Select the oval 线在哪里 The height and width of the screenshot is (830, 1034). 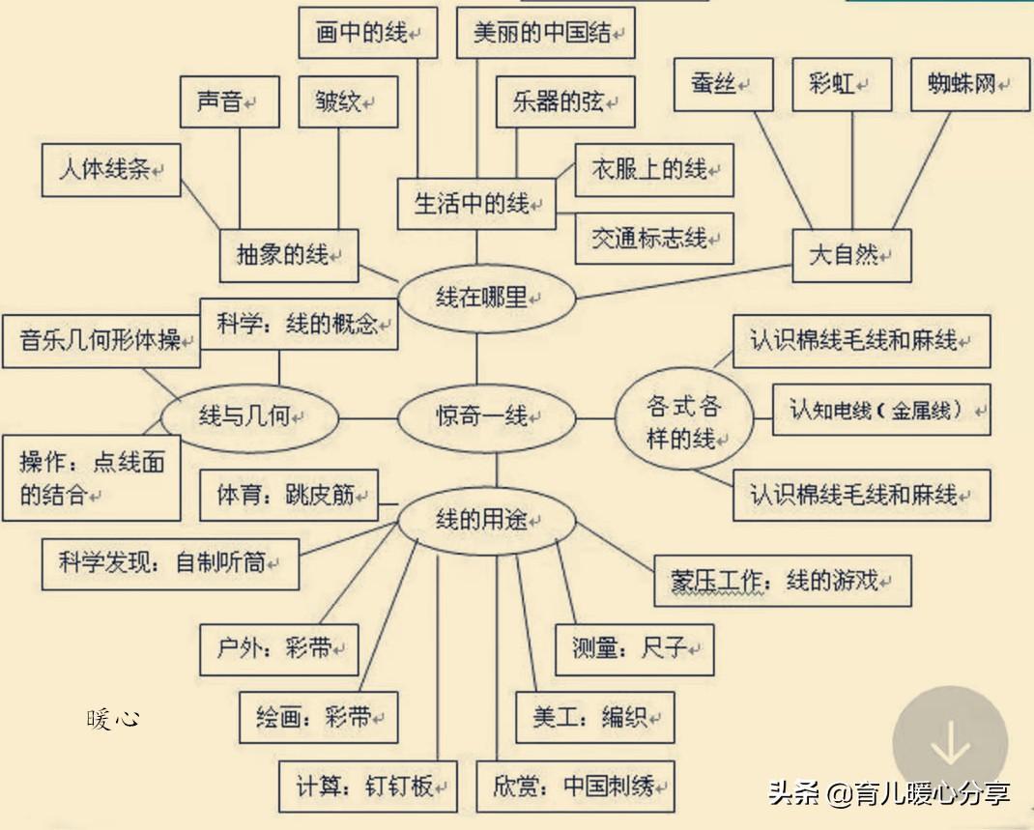(487, 299)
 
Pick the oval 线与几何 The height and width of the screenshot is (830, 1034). (250, 418)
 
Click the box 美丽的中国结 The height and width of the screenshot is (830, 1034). (546, 33)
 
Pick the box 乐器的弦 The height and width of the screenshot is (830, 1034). (565, 102)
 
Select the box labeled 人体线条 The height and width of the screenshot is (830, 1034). (111, 170)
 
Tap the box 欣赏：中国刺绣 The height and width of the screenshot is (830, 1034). (575, 786)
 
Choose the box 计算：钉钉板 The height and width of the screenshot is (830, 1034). (368, 787)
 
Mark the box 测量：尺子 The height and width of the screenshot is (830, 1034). (635, 648)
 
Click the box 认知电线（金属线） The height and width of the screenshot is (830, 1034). (881, 410)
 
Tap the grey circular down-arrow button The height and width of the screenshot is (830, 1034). (950, 745)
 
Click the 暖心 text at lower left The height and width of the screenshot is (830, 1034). (113, 718)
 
